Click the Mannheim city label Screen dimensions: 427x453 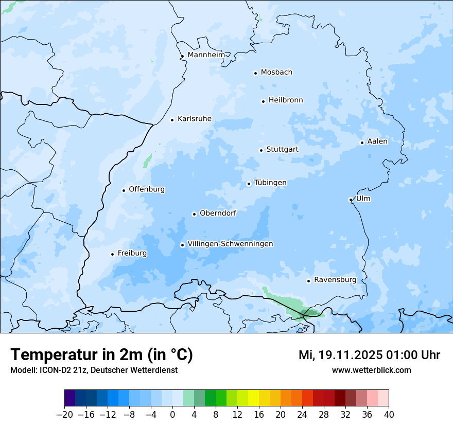click(206, 55)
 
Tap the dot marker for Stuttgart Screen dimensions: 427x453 click(261, 150)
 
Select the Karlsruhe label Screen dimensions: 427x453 click(195, 119)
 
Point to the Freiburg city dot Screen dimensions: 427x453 click(112, 254)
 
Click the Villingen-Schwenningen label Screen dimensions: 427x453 click(230, 244)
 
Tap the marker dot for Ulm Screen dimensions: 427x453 click(351, 200)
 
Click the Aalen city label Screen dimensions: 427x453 click(377, 141)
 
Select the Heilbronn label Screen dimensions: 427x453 click(286, 100)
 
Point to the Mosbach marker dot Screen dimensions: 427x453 click(255, 73)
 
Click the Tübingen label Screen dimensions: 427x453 click(270, 183)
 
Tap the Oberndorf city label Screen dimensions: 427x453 click(218, 213)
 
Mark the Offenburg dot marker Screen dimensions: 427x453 click(124, 190)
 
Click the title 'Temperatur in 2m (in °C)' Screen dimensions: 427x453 click(101, 355)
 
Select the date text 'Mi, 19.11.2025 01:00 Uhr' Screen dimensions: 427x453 click(369, 355)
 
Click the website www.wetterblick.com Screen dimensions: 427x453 click(371, 370)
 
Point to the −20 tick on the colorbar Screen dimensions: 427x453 click(65, 415)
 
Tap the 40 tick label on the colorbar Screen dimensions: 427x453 click(389, 415)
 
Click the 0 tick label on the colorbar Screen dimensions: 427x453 click(172, 415)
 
